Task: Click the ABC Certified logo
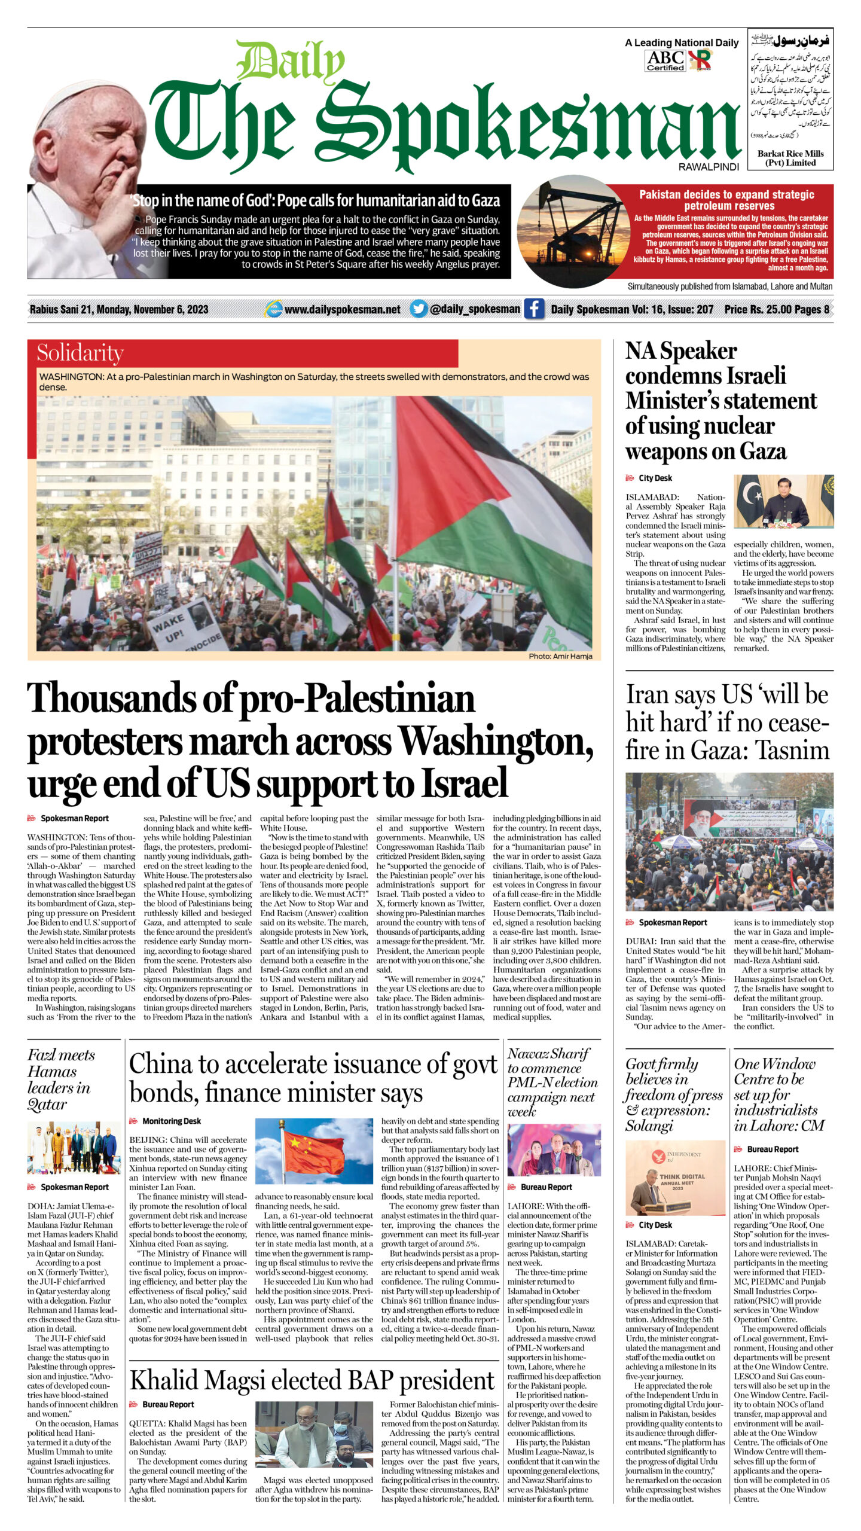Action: click(665, 60)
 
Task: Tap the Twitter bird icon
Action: click(419, 309)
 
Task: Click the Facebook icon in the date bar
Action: click(533, 309)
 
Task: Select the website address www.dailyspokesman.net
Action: click(342, 309)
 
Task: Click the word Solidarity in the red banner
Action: click(80, 353)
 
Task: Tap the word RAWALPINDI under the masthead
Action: click(709, 167)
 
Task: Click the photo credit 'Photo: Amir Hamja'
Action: click(560, 656)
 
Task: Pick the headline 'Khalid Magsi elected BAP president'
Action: click(312, 1380)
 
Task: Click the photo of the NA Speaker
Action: click(783, 501)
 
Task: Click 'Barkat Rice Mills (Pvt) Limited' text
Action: click(790, 158)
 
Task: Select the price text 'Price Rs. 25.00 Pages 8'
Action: click(777, 309)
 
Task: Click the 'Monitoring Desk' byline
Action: click(171, 1121)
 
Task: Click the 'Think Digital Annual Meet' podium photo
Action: click(674, 1177)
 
